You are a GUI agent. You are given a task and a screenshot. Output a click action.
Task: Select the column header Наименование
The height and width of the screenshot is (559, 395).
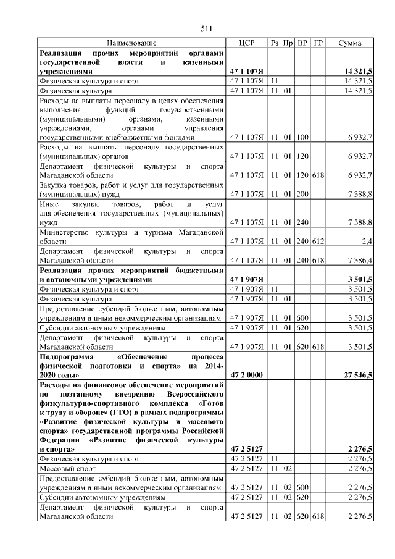131,43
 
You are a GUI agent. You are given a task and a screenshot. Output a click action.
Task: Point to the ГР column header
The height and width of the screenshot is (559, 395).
317,43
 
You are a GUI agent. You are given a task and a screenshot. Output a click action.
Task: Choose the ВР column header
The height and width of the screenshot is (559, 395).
302,43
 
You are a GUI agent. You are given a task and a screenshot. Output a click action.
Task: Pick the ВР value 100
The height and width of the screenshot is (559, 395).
302,137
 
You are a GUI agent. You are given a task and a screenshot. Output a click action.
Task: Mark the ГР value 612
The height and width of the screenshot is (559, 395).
317,242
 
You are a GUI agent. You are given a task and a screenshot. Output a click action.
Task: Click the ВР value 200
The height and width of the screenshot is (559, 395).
302,195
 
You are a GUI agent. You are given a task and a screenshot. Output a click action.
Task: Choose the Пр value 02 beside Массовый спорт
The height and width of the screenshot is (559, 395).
288,468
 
